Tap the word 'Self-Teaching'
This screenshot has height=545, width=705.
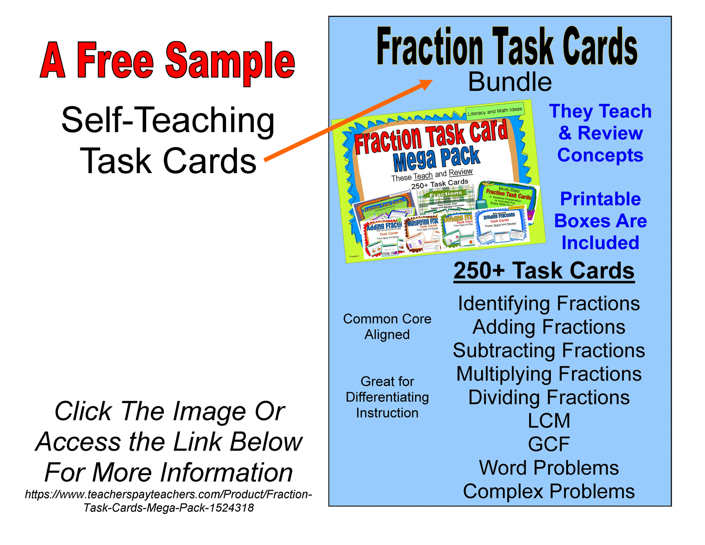[168, 120]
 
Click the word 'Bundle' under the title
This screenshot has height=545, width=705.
[510, 82]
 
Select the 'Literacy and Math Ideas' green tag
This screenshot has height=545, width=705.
[495, 111]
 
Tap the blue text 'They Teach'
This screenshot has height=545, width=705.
[600, 111]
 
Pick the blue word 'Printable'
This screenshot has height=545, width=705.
[600, 199]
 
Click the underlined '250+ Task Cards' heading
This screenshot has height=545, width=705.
[544, 271]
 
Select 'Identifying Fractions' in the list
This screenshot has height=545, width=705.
[548, 304]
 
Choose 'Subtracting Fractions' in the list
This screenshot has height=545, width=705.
[548, 351]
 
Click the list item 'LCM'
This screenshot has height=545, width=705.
[548, 421]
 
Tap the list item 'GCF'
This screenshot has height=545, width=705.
[548, 444]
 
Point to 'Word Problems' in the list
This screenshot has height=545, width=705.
[548, 468]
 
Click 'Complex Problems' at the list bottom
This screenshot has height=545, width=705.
[548, 491]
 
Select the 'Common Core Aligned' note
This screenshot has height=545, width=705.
[387, 327]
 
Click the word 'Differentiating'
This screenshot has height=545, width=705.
[387, 397]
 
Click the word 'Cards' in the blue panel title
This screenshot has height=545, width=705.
[599, 47]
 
